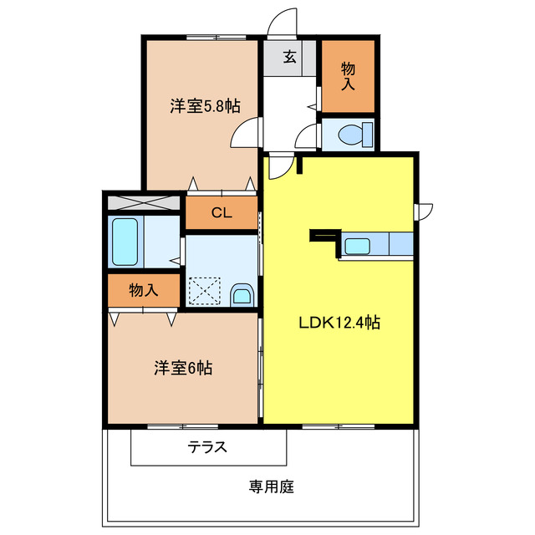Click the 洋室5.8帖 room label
point(205,106)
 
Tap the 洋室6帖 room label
point(183,368)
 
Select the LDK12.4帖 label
point(339,322)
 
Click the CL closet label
point(221,212)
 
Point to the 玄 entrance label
point(289,57)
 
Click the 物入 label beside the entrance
point(348,76)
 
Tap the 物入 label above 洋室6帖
point(144,291)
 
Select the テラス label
point(207,446)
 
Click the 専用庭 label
point(271,486)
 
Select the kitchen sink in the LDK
point(358,246)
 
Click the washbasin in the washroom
point(242,294)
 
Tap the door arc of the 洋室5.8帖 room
point(244,132)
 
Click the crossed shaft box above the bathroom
point(143,201)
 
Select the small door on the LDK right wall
point(425,211)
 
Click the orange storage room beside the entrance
point(348,77)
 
